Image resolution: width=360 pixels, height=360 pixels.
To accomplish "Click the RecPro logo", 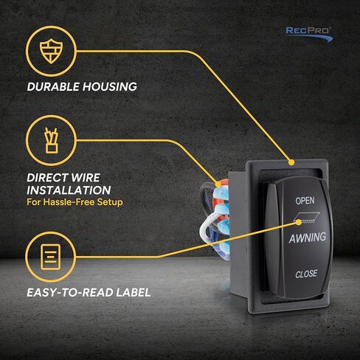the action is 309,34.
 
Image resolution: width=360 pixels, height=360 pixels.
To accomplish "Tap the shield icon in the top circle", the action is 51,51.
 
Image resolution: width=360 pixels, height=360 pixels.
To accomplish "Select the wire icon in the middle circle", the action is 52,140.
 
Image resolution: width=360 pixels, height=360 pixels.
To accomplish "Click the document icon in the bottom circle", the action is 51,257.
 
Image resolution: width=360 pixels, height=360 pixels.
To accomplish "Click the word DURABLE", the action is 53,86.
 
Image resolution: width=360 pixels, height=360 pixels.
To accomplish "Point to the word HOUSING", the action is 110,86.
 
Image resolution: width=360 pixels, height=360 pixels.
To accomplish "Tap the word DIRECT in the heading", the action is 44,178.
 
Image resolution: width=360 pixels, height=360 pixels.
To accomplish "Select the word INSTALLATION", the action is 69,190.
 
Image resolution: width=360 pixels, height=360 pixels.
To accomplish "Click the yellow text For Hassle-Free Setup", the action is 75,202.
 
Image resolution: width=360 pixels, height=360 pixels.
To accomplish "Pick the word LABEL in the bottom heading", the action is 134,292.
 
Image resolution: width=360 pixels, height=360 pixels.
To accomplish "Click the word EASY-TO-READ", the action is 70,292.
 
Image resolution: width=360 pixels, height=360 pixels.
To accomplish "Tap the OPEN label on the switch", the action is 305,201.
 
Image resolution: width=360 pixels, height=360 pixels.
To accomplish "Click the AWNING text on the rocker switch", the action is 308,238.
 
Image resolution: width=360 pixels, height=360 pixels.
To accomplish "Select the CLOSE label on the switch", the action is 306,274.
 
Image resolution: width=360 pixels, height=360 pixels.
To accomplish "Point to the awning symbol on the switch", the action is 306,218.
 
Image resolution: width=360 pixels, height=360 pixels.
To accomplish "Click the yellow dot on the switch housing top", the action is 291,162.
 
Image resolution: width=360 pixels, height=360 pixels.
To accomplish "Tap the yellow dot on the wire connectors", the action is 218,184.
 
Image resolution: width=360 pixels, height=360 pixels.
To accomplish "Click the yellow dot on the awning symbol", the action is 299,222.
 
